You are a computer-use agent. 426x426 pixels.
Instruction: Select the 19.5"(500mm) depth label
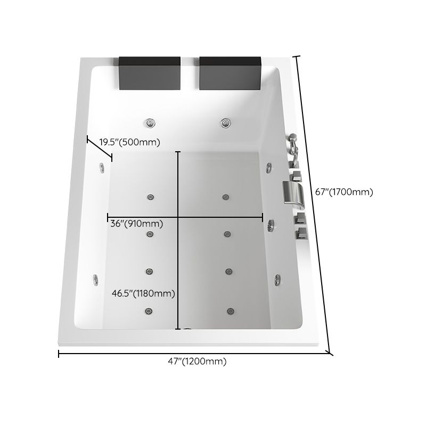130,142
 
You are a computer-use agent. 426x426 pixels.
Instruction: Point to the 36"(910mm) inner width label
136,224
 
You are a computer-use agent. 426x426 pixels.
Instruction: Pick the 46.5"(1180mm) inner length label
143,293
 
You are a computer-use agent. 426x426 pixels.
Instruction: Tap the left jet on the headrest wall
151,124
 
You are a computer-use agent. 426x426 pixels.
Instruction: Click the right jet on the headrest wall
227,124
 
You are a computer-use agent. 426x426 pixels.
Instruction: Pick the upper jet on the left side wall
101,168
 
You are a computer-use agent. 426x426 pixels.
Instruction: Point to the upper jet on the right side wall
269,167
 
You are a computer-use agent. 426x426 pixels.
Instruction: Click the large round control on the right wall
273,225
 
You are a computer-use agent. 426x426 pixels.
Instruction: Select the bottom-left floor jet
145,310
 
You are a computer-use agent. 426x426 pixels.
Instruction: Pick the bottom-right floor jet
230,310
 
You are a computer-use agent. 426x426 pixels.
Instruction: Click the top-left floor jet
150,196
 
